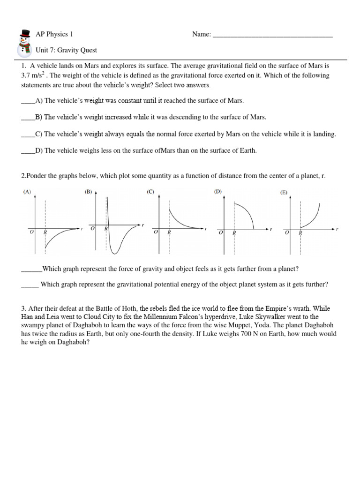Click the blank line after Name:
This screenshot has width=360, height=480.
273,35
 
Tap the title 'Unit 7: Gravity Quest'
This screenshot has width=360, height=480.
67,50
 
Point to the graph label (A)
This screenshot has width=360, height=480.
27,192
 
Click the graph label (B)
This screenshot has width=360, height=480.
88,192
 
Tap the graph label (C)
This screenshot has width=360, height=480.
150,192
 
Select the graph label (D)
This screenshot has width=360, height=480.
218,192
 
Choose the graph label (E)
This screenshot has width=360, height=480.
284,193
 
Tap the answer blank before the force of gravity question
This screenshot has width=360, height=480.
31,269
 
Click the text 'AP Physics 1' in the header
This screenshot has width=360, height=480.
54,35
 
